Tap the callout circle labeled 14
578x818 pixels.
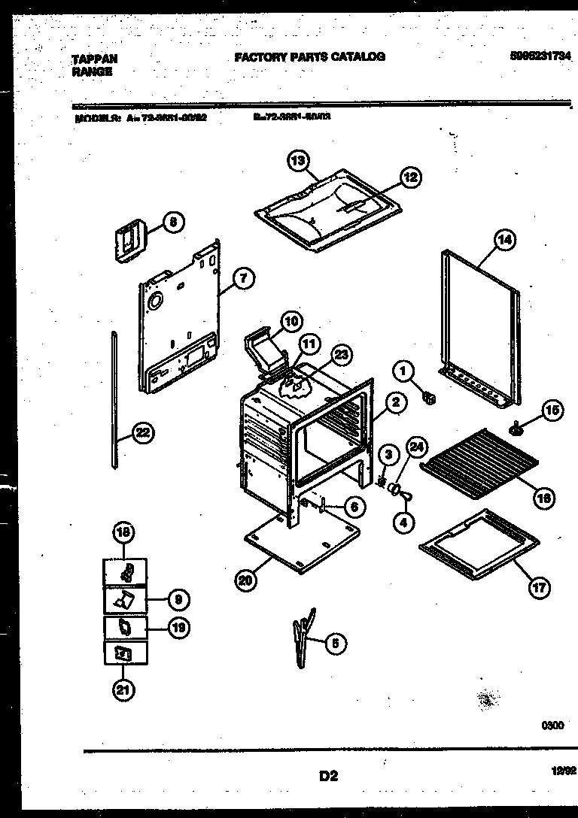click(504, 241)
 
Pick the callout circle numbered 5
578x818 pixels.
click(335, 643)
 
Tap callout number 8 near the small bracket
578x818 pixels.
click(172, 222)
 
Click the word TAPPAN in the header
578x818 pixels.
click(95, 57)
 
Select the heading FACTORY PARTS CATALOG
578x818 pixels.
click(309, 56)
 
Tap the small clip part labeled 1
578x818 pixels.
click(430, 397)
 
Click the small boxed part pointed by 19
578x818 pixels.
click(125, 626)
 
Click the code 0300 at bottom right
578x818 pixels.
click(552, 726)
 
